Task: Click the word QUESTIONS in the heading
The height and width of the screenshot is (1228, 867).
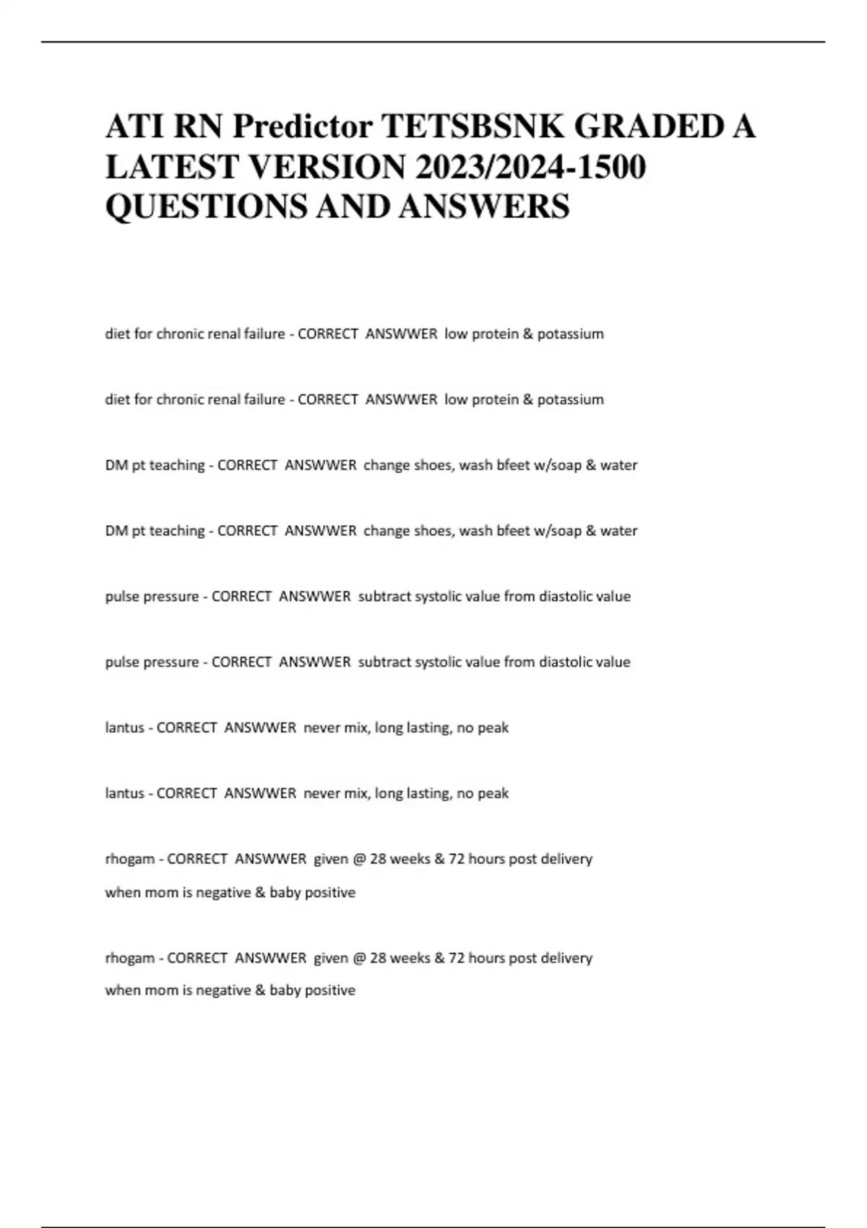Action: tap(206, 207)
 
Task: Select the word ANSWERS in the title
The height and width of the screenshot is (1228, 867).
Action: tap(483, 207)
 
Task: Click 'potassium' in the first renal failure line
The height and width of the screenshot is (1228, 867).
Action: tap(570, 334)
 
